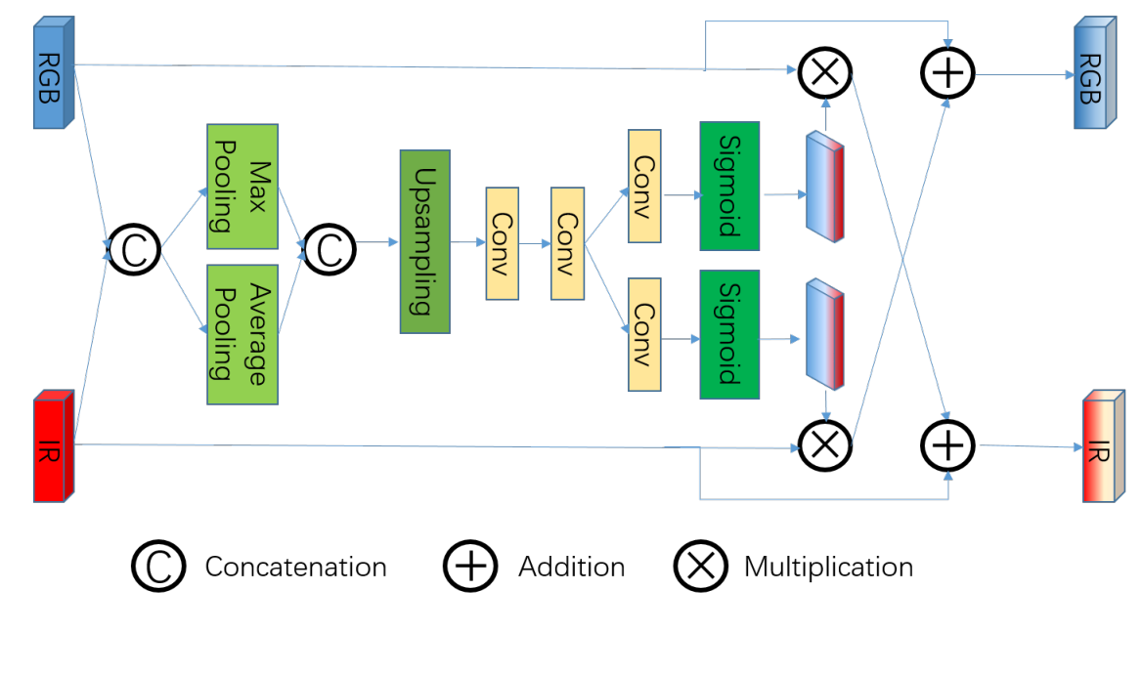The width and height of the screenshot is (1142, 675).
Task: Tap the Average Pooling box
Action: click(x=242, y=334)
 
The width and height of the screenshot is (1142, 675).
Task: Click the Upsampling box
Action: click(x=424, y=241)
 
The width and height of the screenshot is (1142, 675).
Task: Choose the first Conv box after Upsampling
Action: click(x=502, y=243)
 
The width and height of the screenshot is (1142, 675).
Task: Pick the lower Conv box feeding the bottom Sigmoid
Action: click(x=644, y=334)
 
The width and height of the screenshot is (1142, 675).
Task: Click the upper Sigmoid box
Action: click(x=729, y=186)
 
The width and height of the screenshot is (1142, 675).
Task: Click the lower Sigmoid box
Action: click(x=729, y=334)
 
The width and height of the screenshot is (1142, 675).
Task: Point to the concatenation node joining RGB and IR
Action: click(x=134, y=251)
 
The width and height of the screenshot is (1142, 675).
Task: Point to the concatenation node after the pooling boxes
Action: click(x=330, y=251)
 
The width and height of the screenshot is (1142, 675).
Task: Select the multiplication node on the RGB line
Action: click(x=825, y=71)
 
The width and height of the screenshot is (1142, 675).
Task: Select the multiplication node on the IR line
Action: click(x=825, y=445)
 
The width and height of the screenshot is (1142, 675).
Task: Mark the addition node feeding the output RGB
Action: click(x=947, y=71)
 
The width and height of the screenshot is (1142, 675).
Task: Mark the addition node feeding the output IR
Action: click(x=947, y=445)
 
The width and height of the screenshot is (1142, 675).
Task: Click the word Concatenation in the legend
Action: click(x=295, y=567)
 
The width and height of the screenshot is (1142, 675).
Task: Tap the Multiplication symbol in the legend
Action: click(x=700, y=567)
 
